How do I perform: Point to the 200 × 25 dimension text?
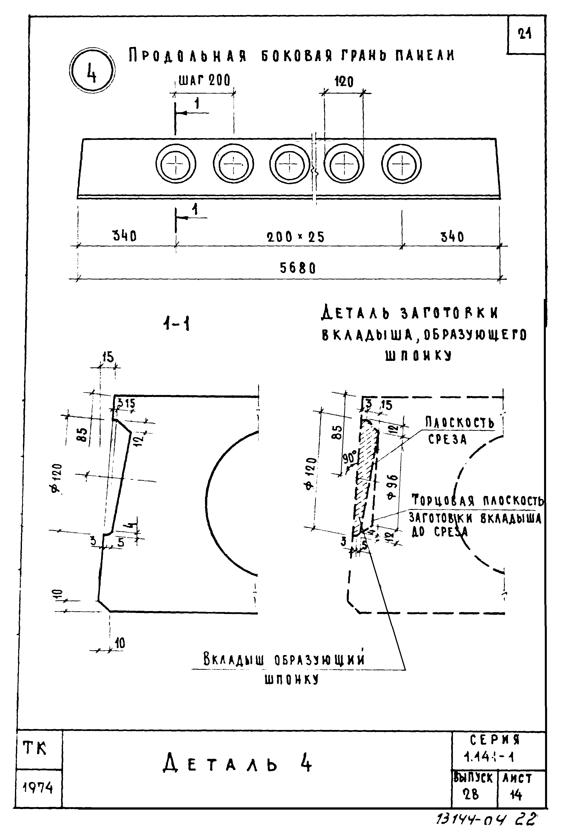click(295, 237)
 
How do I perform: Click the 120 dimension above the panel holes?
click(344, 82)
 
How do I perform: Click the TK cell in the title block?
click(35, 748)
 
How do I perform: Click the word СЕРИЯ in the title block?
click(495, 739)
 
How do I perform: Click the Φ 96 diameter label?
click(392, 487)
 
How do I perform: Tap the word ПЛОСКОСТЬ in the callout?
click(460, 423)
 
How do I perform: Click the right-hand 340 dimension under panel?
click(452, 237)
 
